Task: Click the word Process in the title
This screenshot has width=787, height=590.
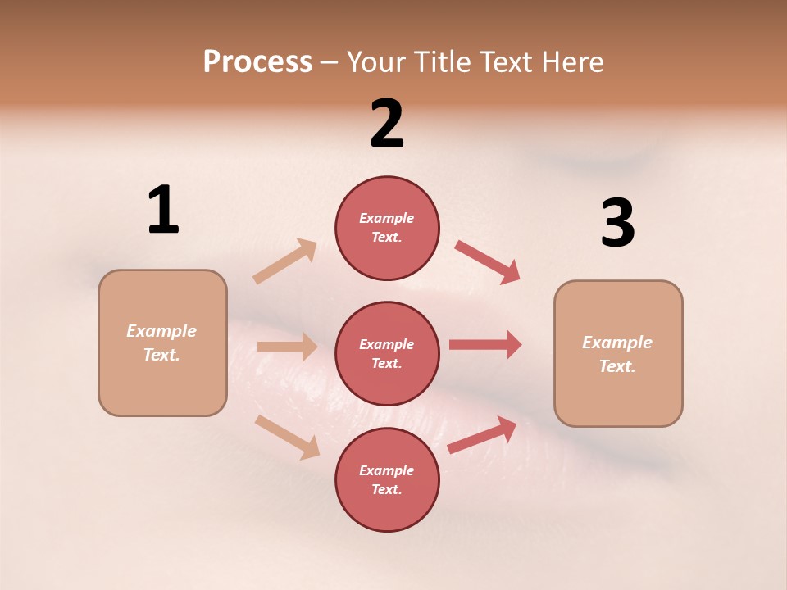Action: pos(257,62)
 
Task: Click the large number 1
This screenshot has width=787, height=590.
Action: pos(162,210)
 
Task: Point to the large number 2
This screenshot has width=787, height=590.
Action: pos(387,124)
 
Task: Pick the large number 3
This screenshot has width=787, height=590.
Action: pos(617,223)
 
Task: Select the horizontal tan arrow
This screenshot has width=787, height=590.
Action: pos(287,347)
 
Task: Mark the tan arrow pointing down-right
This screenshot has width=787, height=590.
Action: pos(288,437)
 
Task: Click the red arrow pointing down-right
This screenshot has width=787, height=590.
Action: pos(487,262)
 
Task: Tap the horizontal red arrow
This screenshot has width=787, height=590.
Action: pos(484,345)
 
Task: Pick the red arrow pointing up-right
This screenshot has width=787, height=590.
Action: pos(482,435)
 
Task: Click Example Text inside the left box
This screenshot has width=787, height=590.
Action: pos(161,343)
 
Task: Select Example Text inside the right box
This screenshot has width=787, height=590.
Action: pos(617,354)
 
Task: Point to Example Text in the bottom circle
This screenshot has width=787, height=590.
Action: pos(386,480)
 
